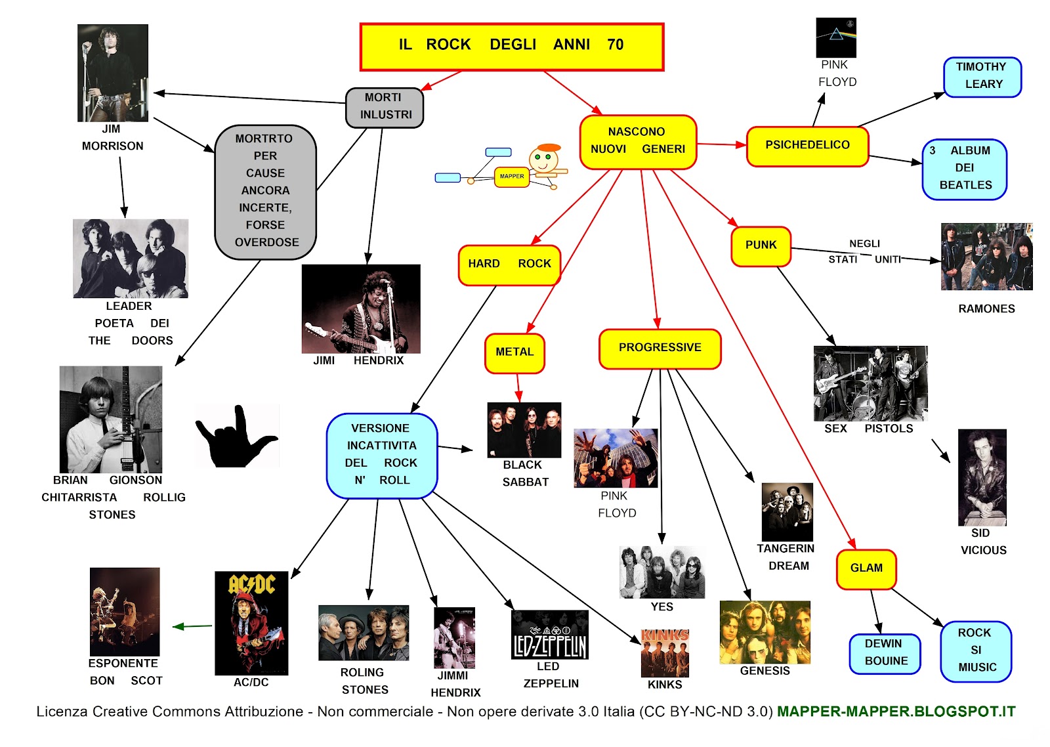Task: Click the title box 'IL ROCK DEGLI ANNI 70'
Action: pos(512,47)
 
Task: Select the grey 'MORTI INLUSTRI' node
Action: pos(385,107)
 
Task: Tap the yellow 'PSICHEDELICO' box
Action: pos(807,146)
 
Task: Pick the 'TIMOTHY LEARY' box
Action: pos(982,77)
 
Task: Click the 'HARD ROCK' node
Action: pos(509,265)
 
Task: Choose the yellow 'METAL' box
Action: pos(514,353)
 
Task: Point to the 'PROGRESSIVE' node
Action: pos(660,349)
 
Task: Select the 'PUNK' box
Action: pos(761,246)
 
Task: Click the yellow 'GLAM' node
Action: pos(866,569)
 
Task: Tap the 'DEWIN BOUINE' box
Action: pos(885,654)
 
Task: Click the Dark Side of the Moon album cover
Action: pos(835,37)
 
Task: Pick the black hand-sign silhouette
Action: pos(236,437)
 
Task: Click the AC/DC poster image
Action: pos(251,622)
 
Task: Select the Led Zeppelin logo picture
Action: pos(549,634)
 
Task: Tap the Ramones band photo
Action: pos(986,257)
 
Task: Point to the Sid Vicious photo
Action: pos(982,477)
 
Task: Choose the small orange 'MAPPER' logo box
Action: pos(511,177)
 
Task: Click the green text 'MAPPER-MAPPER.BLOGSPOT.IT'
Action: pos(896,712)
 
